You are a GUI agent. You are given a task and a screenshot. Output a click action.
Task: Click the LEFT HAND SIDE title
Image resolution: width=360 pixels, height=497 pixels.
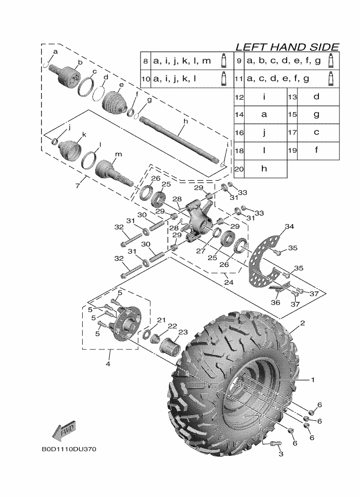tap(287, 47)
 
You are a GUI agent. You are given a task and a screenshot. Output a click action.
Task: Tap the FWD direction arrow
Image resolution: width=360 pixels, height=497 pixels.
tap(65, 430)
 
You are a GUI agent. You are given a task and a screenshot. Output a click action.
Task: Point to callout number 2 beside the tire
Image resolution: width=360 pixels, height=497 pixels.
tap(302, 323)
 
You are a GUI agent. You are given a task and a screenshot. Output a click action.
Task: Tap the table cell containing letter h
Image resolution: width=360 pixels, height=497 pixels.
tap(264, 169)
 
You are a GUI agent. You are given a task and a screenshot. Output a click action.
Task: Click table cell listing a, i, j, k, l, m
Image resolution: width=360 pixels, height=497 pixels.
tap(182, 61)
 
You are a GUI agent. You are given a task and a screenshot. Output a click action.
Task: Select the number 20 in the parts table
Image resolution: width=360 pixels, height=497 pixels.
tap(239, 169)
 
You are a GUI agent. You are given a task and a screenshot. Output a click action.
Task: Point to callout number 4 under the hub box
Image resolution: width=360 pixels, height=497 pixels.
tap(108, 364)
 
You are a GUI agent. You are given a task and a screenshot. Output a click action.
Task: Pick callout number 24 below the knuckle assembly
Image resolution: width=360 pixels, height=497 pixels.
tap(228, 282)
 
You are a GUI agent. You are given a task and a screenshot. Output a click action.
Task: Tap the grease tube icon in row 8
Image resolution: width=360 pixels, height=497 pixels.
tap(224, 61)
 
